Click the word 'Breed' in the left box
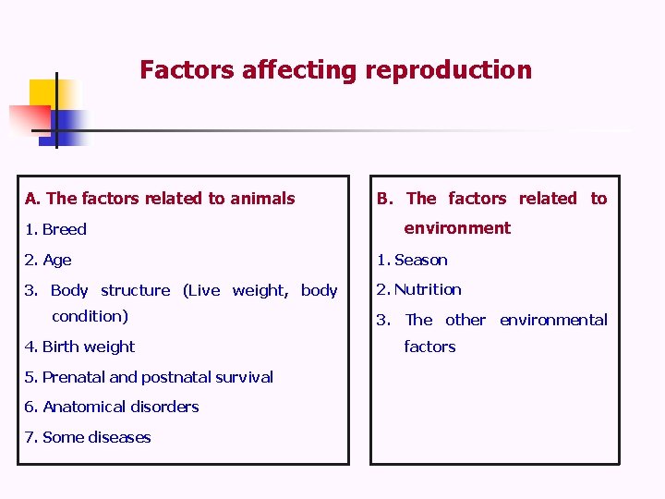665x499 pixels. [65, 229]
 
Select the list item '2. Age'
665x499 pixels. [48, 260]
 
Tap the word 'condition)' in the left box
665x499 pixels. [90, 316]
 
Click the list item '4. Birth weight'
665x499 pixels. [79, 347]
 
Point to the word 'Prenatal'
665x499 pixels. [74, 377]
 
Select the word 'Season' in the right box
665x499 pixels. [421, 260]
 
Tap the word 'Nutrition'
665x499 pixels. [428, 289]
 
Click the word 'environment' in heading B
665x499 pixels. [457, 227]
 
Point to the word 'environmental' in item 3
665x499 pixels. [553, 320]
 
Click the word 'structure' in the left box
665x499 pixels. [135, 290]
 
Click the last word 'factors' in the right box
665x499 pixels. [429, 347]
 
